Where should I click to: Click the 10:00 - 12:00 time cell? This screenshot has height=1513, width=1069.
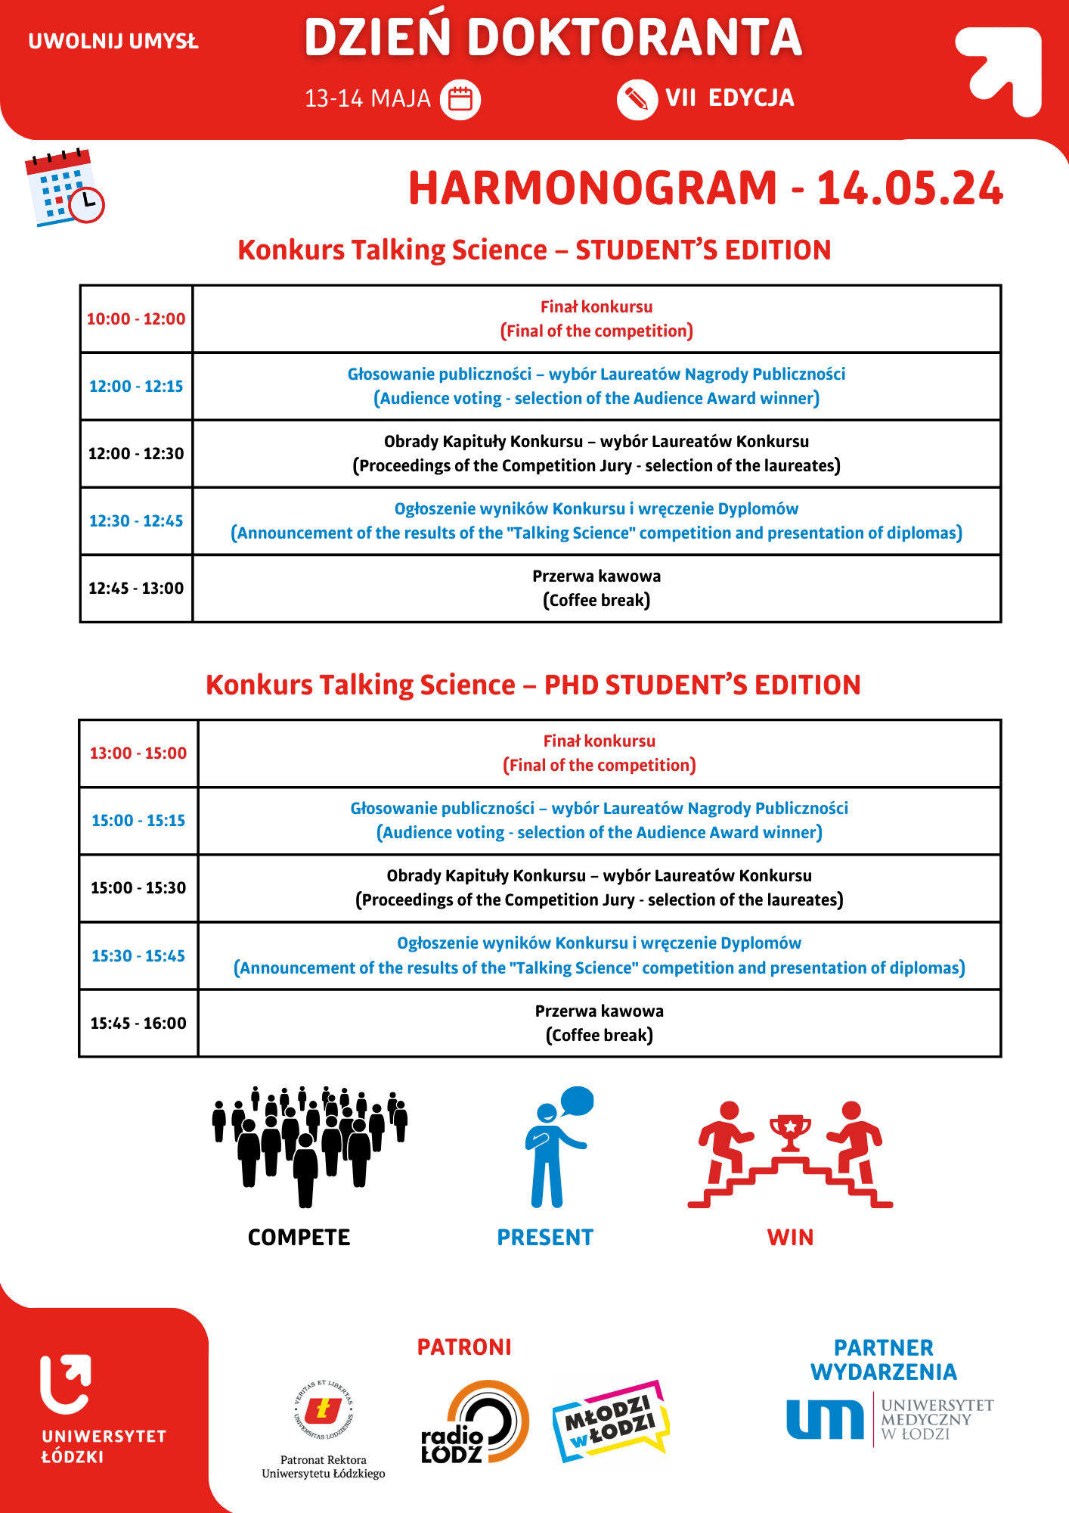[136, 319]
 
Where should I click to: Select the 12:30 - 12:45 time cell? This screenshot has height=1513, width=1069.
[136, 521]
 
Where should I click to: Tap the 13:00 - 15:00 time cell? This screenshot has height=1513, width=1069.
[138, 753]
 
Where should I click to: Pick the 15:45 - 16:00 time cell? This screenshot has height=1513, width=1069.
[138, 1024]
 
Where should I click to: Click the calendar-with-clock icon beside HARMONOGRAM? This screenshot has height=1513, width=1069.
[65, 187]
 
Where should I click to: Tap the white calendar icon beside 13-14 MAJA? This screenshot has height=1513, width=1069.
[460, 99]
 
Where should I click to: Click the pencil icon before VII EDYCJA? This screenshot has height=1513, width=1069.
[637, 99]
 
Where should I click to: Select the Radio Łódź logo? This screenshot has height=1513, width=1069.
[475, 1422]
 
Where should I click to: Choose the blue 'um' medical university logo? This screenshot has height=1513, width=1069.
[825, 1419]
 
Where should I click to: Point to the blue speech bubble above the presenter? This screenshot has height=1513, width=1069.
[578, 1101]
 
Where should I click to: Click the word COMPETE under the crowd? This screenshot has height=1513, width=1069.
[299, 1238]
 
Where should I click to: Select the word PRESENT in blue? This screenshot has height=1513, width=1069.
[545, 1238]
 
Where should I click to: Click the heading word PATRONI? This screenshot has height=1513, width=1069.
[464, 1347]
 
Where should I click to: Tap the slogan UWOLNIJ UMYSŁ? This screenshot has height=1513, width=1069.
[113, 41]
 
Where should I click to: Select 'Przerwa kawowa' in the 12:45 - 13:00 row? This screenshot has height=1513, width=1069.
[596, 576]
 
